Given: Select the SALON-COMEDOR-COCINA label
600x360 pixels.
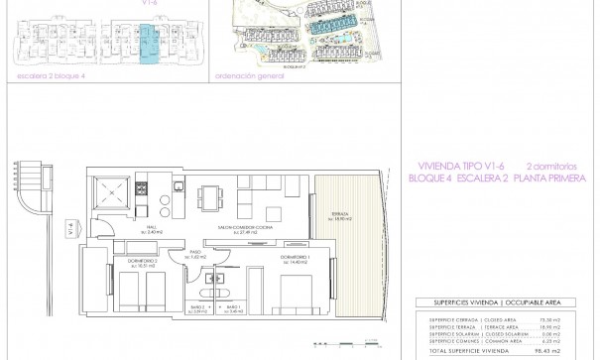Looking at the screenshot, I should [246, 228].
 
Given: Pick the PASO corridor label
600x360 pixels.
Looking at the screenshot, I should [195, 254].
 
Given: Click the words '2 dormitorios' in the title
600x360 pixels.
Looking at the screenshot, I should [551, 167].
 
